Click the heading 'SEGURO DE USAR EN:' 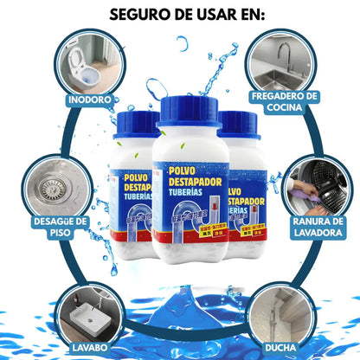pyautogui.click(x=179, y=15)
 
